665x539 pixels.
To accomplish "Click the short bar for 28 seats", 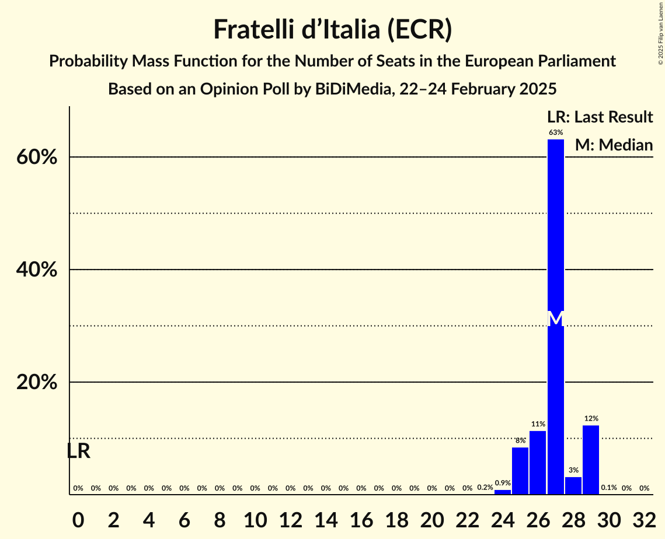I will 573,485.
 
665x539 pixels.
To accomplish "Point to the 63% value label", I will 556,133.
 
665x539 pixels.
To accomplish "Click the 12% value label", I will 591,419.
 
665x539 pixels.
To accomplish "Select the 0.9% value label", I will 503,483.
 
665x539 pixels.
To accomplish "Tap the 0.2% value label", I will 485,488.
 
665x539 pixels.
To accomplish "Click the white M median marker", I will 556,318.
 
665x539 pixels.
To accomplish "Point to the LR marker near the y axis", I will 78,452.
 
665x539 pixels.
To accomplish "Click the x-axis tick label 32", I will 644,518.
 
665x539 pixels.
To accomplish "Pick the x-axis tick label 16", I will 361,518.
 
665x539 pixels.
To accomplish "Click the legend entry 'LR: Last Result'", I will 600,117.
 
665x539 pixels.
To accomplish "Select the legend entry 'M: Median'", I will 614,145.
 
